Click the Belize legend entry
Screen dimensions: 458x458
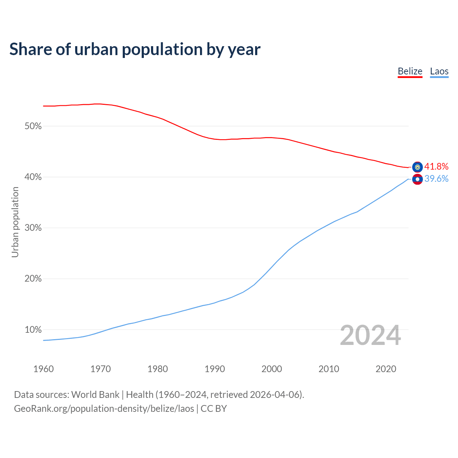click(410, 71)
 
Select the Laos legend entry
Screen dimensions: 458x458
click(439, 71)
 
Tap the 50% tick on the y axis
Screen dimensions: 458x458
click(33, 126)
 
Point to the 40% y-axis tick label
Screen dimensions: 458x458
click(33, 177)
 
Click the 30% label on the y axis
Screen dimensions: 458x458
click(33, 228)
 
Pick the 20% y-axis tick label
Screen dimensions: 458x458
click(33, 279)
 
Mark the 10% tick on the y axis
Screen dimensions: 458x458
click(33, 330)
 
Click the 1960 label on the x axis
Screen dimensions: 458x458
click(43, 369)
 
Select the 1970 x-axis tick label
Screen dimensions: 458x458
click(101, 369)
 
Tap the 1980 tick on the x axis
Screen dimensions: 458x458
click(157, 369)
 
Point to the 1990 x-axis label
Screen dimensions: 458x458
click(215, 369)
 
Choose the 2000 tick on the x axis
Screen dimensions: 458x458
click(272, 369)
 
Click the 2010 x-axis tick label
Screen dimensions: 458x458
click(329, 369)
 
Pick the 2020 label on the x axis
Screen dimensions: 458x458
click(386, 369)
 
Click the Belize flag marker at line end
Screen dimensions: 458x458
click(417, 167)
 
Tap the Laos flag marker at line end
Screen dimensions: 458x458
click(417, 179)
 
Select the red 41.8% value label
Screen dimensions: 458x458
click(436, 166)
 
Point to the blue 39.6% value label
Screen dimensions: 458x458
click(436, 179)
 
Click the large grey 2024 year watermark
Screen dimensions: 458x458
click(370, 335)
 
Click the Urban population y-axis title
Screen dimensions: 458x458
click(15, 222)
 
